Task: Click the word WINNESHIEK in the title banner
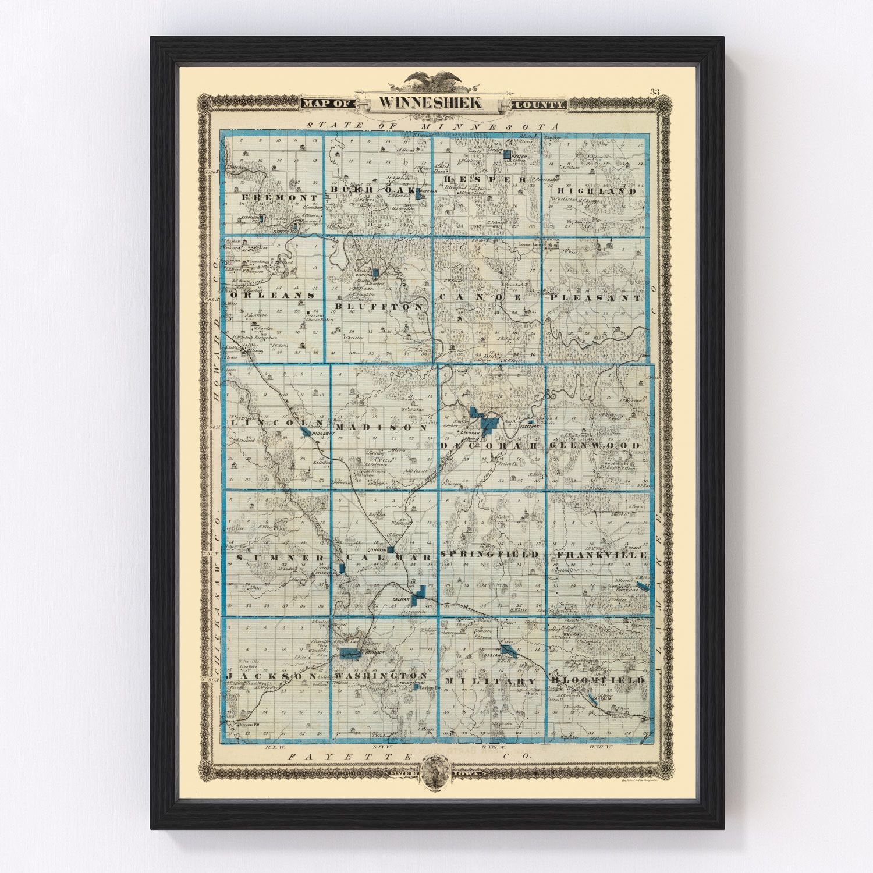point(430,103)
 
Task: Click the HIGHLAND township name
point(596,191)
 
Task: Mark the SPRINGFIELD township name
point(489,555)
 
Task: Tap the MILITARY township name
point(491,681)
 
